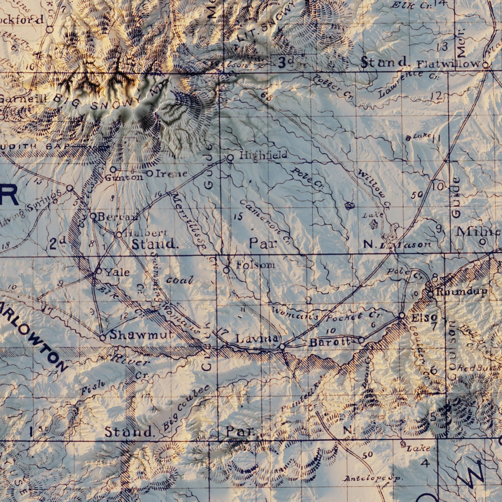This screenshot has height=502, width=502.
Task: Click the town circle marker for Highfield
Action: click(230, 158)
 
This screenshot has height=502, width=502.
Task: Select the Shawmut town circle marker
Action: click(103, 338)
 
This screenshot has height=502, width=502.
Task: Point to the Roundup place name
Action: click(462, 292)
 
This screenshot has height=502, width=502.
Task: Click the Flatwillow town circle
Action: click(485, 65)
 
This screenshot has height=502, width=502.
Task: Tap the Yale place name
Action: click(117, 272)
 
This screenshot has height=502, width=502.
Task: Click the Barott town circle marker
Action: click(362, 340)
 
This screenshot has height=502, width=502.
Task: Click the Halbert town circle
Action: click(118, 235)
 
